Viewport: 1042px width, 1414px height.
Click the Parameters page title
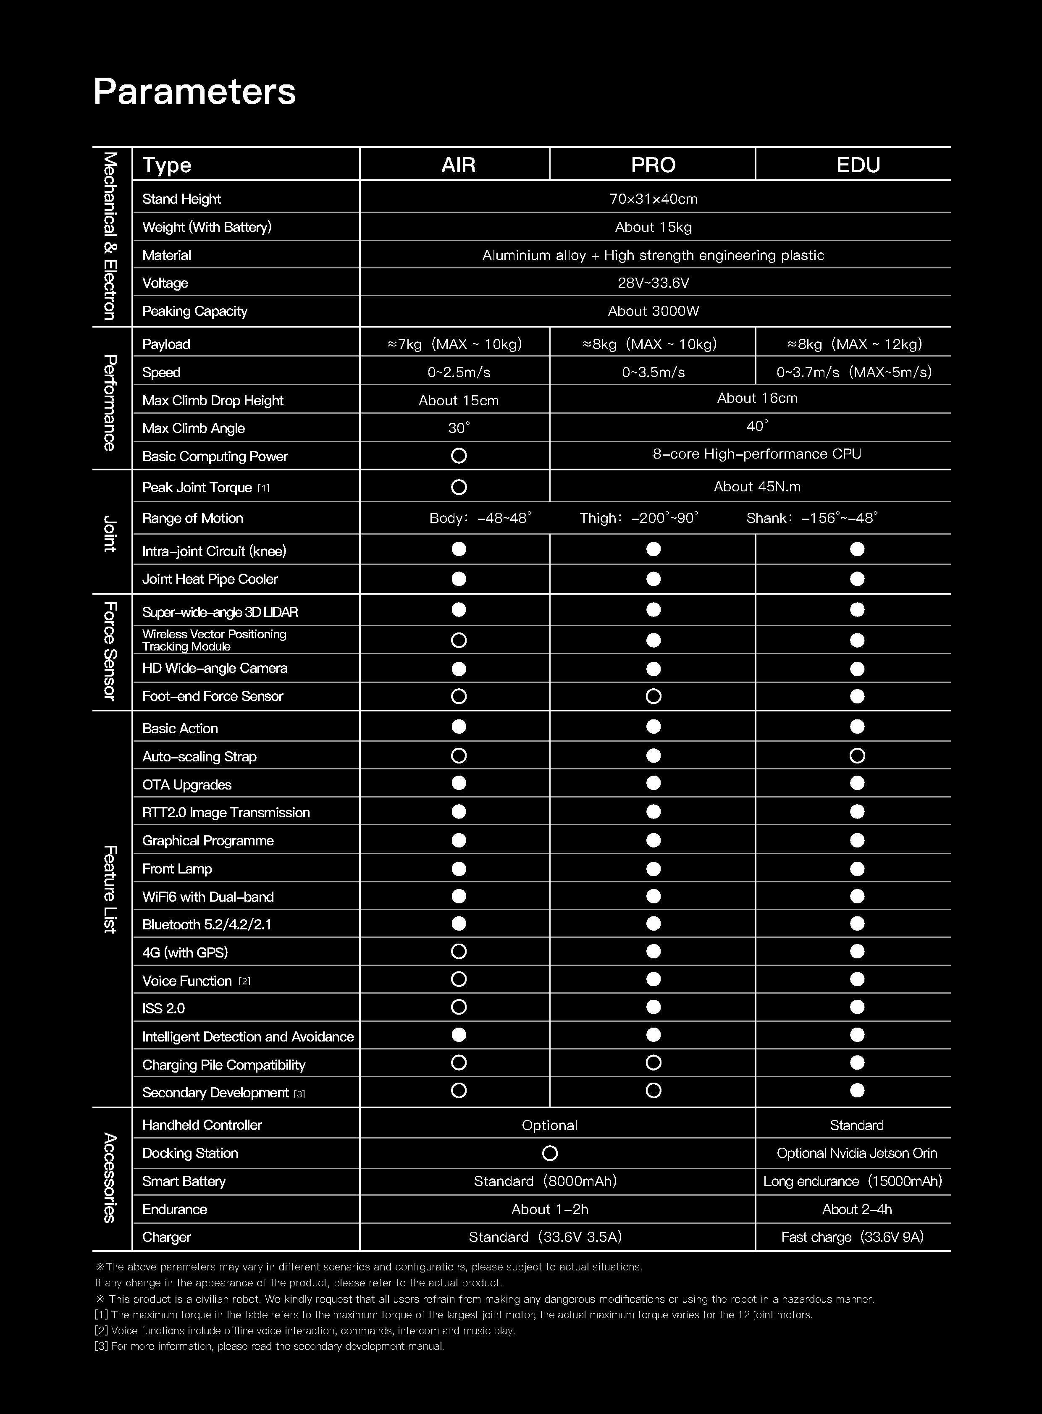point(194,92)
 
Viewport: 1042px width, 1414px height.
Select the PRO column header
point(653,165)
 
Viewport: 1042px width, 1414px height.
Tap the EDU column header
point(857,165)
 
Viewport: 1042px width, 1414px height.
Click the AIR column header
point(459,165)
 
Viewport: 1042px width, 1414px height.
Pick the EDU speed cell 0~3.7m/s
point(853,372)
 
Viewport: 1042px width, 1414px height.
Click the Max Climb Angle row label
point(193,428)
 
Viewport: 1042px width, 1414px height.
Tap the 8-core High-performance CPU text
point(756,454)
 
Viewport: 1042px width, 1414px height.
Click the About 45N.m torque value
point(757,486)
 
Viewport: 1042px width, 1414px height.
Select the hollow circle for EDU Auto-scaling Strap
point(856,756)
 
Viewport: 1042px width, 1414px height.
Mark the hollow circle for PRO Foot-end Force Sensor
point(654,696)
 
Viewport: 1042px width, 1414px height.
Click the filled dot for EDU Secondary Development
point(856,1091)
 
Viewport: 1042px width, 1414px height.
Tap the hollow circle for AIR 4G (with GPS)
point(459,951)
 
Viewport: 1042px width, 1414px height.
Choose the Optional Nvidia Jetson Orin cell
point(856,1153)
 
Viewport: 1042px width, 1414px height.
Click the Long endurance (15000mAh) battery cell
point(852,1181)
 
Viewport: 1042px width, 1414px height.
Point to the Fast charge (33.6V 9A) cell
point(852,1237)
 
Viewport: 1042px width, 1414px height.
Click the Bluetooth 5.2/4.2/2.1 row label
point(207,925)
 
